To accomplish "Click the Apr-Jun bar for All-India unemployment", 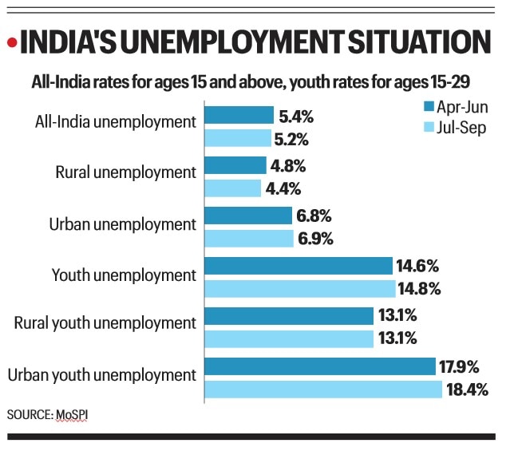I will [239, 116].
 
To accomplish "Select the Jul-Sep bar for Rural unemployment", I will [233, 188].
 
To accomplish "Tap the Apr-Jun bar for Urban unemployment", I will [249, 216].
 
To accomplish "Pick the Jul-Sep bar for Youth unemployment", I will [300, 288].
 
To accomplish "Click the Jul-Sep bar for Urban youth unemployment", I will [323, 389].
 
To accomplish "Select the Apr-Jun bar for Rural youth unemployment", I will [289, 316].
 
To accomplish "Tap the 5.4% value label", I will [296, 117].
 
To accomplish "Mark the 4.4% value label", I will [284, 188].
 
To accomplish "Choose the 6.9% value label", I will [316, 238].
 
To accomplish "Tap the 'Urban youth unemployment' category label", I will [101, 374].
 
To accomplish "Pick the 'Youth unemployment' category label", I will [124, 275].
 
